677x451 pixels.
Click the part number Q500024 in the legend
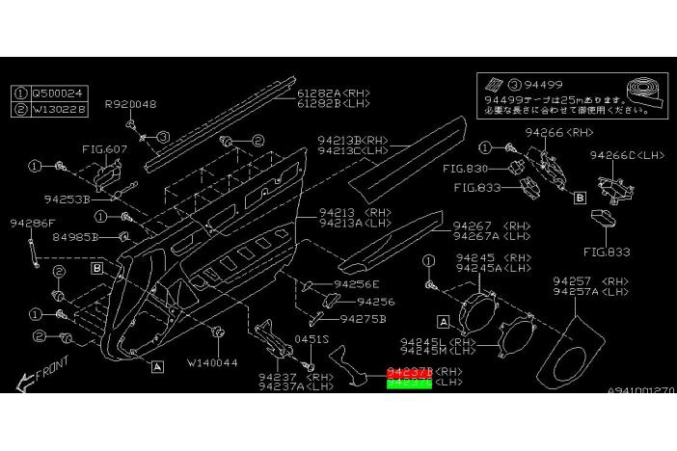pos(59,93)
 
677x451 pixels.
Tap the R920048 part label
pos(131,103)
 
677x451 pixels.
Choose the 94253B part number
pos(67,199)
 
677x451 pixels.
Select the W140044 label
pos(211,362)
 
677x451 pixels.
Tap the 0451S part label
pos(311,339)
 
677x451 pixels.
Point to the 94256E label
pos(357,284)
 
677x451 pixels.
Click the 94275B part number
pos(363,318)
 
